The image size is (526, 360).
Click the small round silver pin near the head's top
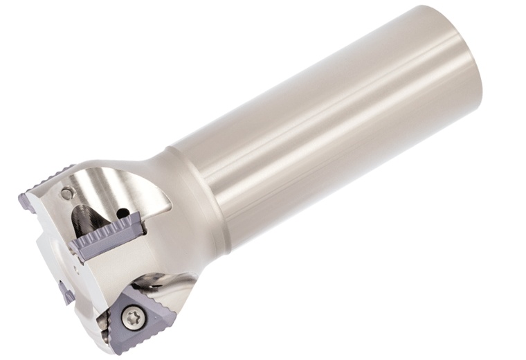point(66,193)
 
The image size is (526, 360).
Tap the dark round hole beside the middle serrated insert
point(124,211)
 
